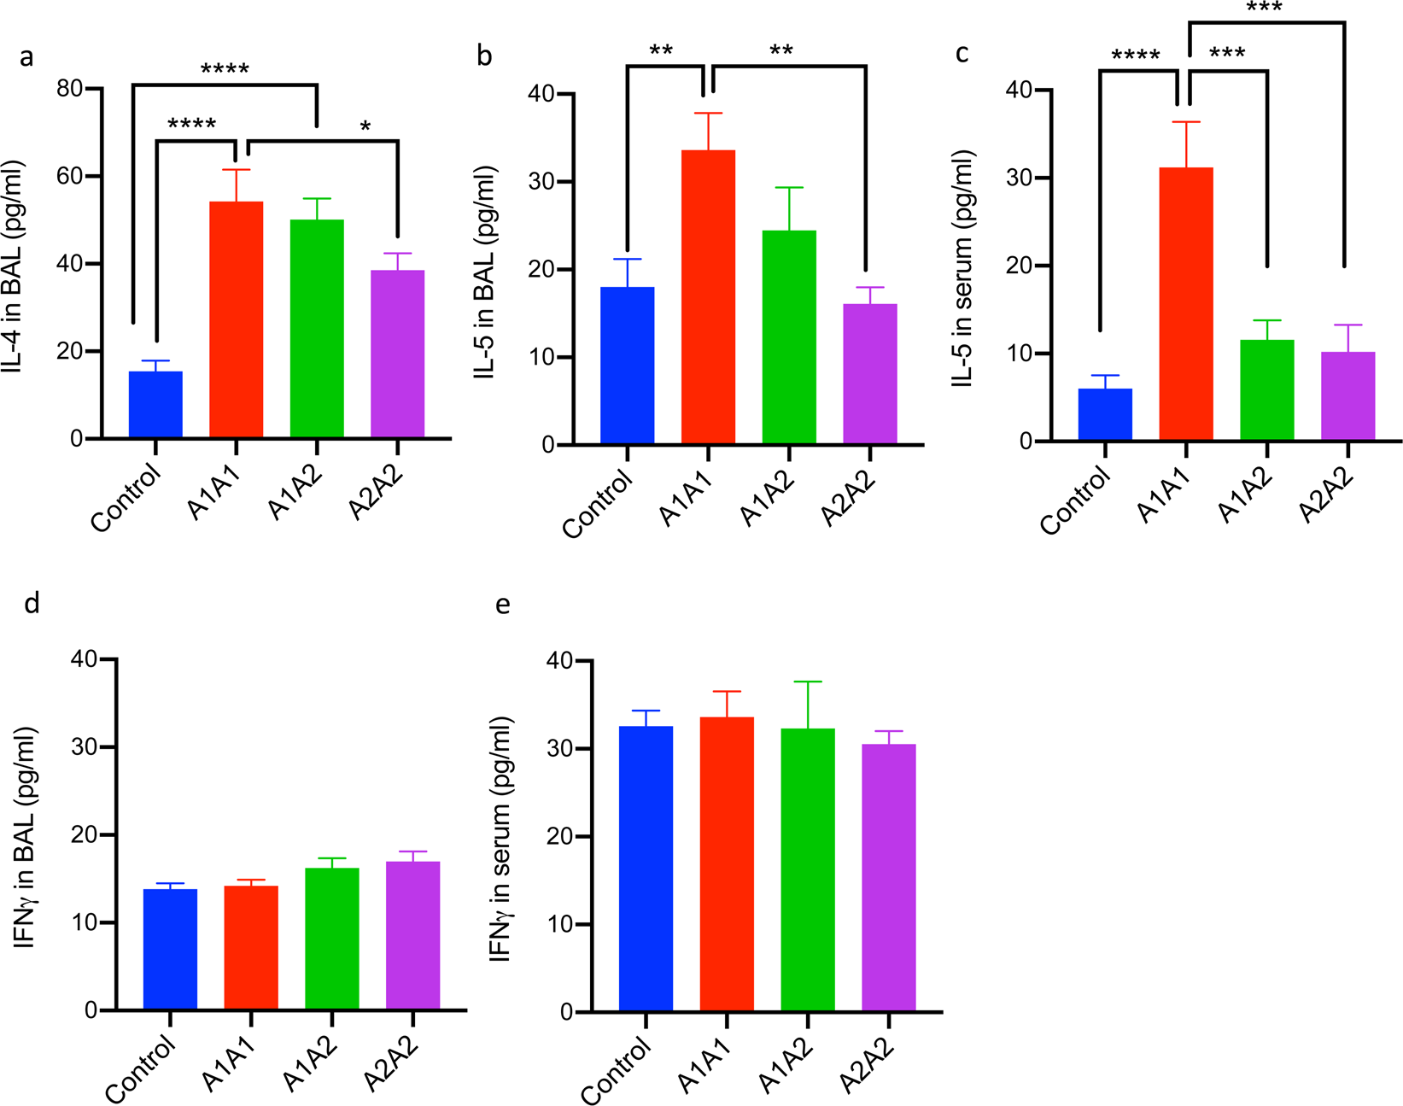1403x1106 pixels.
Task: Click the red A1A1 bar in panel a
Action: (x=236, y=320)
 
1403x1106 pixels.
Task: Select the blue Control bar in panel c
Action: (x=1105, y=415)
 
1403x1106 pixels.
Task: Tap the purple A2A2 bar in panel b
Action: (x=869, y=374)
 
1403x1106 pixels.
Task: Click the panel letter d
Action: (x=32, y=604)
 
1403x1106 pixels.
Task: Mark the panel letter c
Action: (x=962, y=54)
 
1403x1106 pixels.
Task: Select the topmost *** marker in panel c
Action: (x=1264, y=9)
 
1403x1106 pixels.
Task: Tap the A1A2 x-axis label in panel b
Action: (x=768, y=500)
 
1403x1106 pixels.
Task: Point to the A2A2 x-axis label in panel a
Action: (x=377, y=495)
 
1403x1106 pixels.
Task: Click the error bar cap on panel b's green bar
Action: (x=789, y=188)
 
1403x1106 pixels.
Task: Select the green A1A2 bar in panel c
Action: (x=1266, y=390)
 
